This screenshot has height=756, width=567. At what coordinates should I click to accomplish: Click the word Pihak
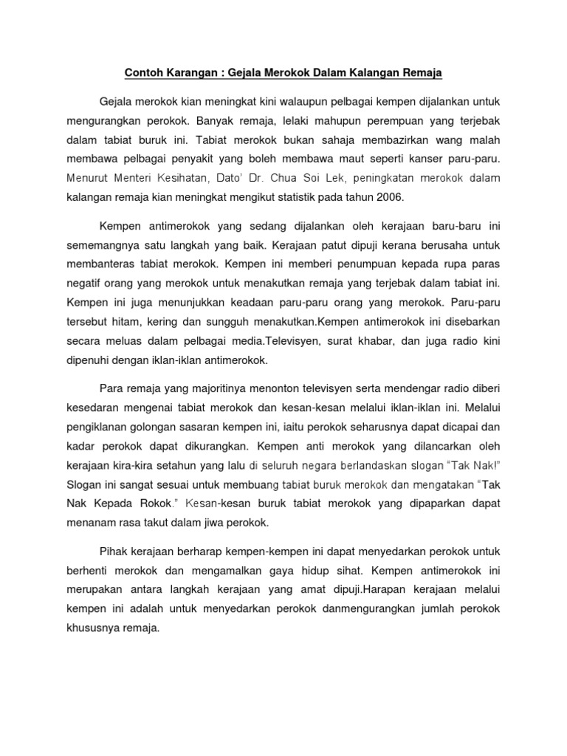click(x=112, y=551)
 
